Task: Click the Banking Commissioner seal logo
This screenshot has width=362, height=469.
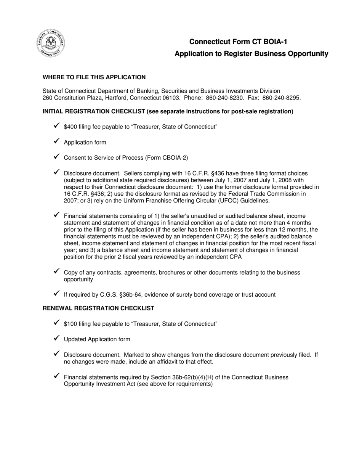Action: point(51,43)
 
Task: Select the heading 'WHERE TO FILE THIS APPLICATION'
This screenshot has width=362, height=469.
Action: point(94,77)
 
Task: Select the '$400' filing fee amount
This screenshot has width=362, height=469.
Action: point(70,127)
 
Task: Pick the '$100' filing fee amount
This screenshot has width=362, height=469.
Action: point(70,324)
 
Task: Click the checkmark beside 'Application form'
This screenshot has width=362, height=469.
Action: point(56,141)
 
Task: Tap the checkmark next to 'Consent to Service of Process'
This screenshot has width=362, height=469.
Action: point(56,156)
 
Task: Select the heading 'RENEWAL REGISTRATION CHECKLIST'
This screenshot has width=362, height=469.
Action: point(98,308)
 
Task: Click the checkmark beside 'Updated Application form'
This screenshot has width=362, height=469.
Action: point(56,338)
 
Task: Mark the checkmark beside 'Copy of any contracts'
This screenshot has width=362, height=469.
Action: point(56,271)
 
